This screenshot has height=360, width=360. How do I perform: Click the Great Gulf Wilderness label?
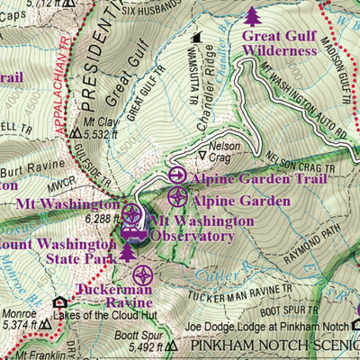point(278,42)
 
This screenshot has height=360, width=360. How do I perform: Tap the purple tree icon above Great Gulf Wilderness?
point(253,14)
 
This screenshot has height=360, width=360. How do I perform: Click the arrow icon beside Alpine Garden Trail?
point(177,176)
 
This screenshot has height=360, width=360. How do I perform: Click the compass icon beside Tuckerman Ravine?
point(143,276)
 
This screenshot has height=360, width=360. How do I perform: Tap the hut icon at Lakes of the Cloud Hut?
point(59,303)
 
